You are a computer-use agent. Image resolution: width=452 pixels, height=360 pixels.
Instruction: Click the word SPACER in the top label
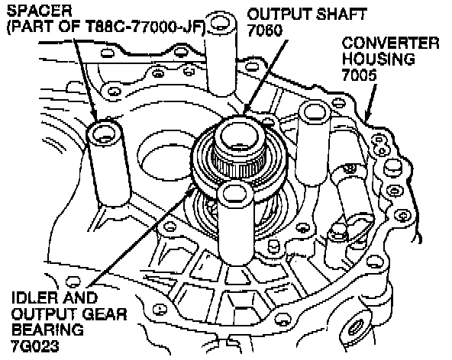[39, 11]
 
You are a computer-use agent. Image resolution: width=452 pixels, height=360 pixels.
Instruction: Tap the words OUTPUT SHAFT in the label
[307, 14]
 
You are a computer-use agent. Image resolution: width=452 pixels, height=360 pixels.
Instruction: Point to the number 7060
[265, 31]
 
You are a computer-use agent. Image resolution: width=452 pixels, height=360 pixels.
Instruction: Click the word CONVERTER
[390, 43]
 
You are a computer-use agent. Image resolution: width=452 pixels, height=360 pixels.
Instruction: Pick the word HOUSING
[378, 59]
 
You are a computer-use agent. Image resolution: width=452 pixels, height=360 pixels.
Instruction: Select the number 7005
[360, 75]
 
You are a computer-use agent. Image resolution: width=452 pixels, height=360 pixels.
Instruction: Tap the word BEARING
[47, 329]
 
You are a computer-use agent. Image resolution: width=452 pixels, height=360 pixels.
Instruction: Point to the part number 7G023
[35, 346]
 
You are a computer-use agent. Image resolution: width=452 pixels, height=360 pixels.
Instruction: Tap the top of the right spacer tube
[315, 112]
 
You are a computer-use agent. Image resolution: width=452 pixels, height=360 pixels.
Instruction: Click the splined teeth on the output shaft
[239, 164]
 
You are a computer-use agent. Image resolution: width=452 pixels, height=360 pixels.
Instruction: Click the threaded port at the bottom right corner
[355, 328]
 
